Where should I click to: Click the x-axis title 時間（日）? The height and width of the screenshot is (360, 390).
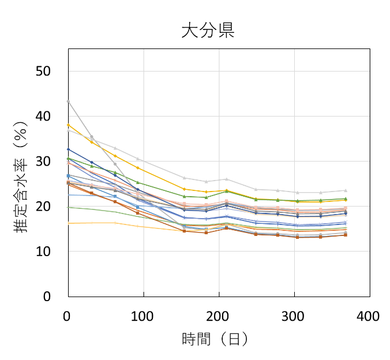[x=215, y=340]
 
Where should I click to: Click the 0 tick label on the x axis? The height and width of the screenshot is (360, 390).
[x=68, y=316]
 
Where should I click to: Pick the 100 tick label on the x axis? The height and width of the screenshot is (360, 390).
[x=143, y=316]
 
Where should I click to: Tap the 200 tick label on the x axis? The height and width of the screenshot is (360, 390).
[x=219, y=316]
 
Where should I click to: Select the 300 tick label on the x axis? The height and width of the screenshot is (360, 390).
[x=294, y=316]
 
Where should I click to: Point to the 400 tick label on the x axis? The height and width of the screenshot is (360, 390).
[x=369, y=316]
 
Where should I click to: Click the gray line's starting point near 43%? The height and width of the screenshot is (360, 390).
[x=69, y=102]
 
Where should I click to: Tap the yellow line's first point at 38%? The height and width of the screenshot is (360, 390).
[x=69, y=125]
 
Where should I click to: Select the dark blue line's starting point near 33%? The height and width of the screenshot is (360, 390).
[x=69, y=149]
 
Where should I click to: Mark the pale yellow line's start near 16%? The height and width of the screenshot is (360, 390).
[x=69, y=223]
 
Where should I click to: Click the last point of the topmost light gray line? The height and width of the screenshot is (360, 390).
[x=345, y=190]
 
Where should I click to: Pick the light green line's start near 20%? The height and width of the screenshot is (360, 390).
[x=69, y=207]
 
